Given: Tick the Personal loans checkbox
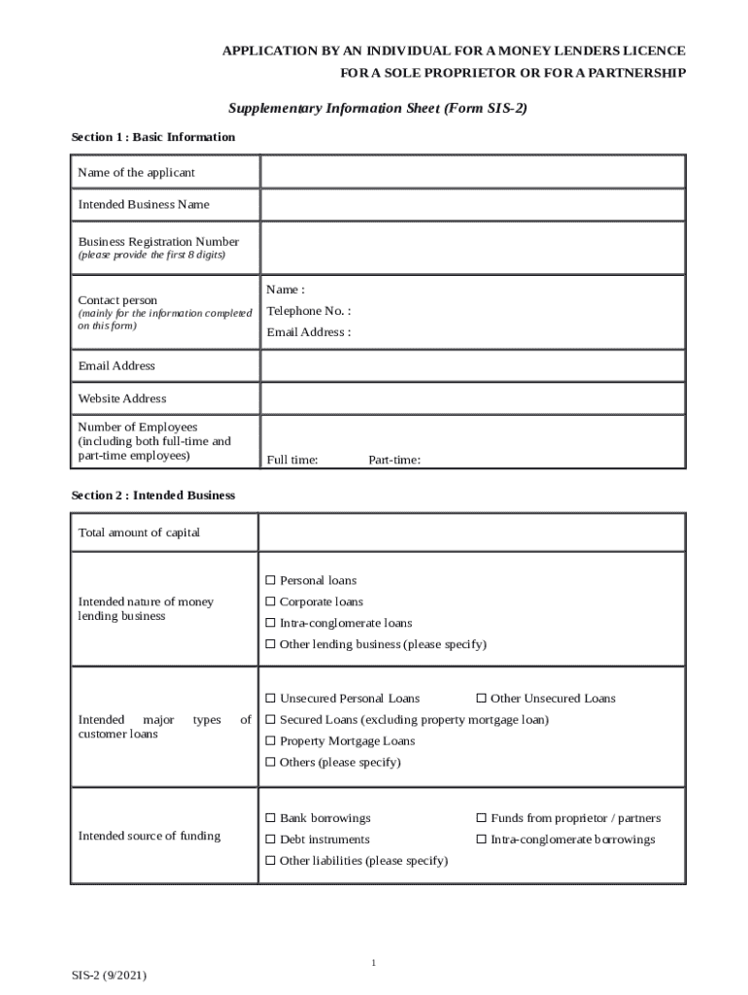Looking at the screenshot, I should coord(272,581).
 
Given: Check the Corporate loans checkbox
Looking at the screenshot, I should coord(272,602).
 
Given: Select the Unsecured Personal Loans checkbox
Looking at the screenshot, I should coord(272,699).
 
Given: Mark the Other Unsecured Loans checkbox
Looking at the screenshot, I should coord(482,699).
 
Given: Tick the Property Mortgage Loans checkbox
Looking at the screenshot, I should coord(272,741).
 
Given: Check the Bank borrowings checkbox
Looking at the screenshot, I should coord(272,819).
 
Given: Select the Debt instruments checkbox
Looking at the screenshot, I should coord(272,840).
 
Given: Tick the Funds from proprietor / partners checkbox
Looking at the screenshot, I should coord(482,819).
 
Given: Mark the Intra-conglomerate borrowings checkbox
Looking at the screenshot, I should coord(482,840).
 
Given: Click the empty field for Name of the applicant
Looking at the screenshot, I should coord(472,172).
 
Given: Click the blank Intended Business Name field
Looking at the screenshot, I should coord(472,205).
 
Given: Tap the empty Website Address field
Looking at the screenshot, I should coord(472,398).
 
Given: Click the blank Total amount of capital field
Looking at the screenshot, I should coord(472,532).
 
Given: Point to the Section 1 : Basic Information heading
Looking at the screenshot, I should coord(153,137).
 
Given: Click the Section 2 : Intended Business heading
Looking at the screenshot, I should coord(153,496).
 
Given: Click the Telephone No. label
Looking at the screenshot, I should coord(309,311).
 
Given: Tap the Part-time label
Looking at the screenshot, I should coord(394,461).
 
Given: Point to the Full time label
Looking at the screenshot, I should coord(292,461).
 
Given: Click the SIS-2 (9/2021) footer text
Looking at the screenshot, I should coord(109,975).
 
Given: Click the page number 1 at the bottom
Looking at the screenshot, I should coord(373,963).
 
